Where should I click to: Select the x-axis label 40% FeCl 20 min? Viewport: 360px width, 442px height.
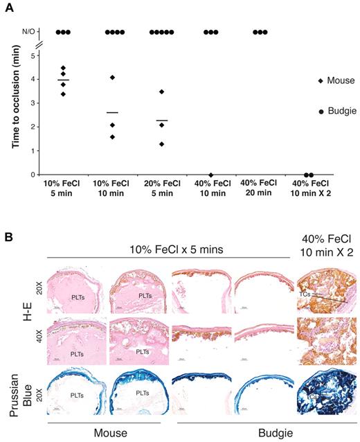click(260, 195)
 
